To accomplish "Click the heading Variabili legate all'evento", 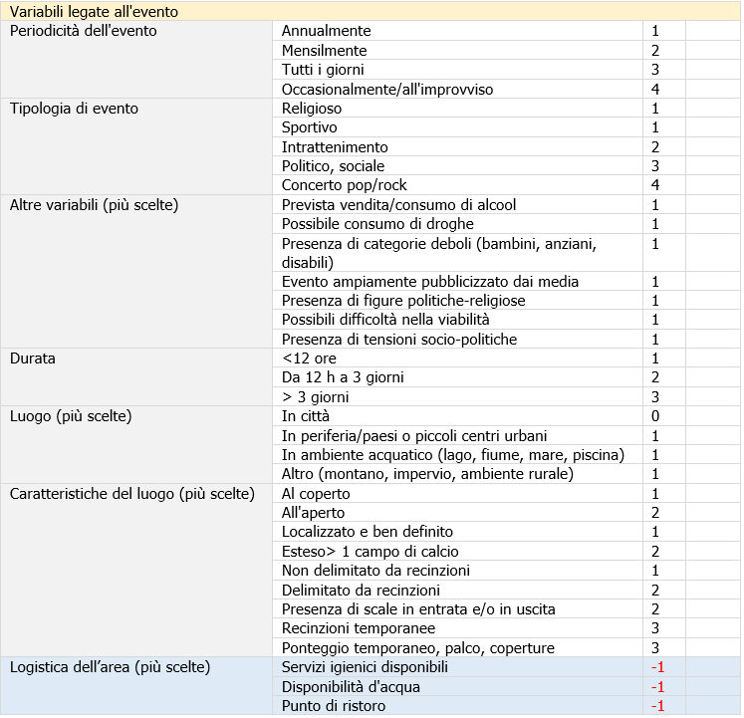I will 94,11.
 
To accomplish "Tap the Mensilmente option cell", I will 325,51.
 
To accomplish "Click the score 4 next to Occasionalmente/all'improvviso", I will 655,90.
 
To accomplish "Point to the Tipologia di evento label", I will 74,109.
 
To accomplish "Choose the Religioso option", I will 312,109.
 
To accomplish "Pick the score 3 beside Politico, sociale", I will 655,166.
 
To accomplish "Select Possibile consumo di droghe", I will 377,224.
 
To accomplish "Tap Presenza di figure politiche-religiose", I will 403,301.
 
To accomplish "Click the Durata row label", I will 33,359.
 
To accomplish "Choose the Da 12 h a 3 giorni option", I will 343,377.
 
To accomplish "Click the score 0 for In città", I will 655,416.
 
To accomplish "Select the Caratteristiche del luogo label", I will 131,494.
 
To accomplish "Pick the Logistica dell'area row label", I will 110,667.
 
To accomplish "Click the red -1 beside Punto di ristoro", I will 656,706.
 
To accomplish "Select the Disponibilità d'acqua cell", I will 351,686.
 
